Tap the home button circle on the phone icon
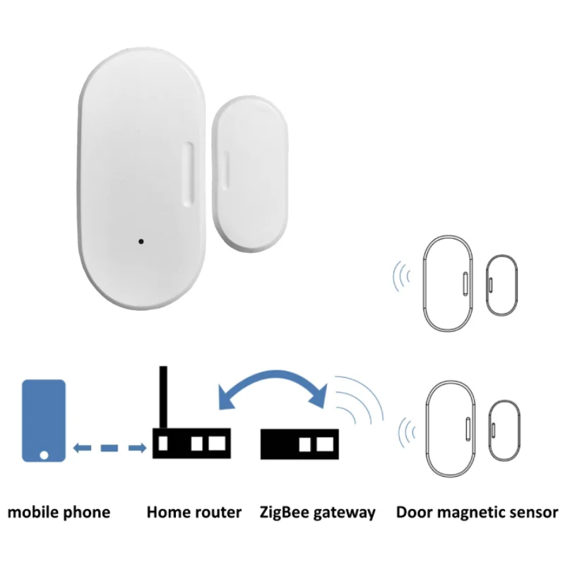(x=44, y=453)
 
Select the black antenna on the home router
(x=163, y=398)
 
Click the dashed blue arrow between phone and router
(x=109, y=446)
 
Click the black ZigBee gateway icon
(x=297, y=444)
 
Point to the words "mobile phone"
(x=59, y=512)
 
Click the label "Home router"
(x=194, y=512)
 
